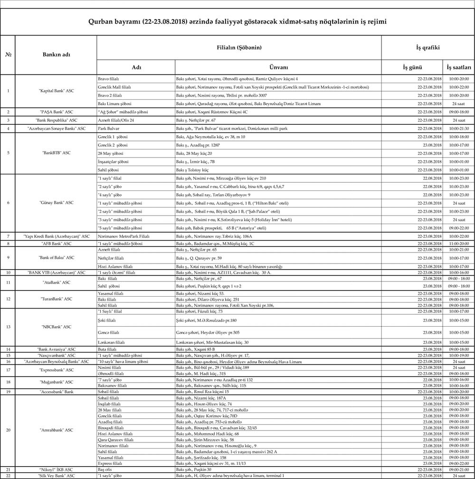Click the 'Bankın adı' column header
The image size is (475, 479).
[57, 55]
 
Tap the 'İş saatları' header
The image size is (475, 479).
[459, 67]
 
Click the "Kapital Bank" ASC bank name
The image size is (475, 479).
[57, 91]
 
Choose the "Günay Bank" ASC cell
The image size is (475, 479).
[57, 203]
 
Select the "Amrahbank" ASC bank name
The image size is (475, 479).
[57, 430]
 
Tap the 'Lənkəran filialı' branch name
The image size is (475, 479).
[111, 342]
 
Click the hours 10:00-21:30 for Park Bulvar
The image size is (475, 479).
[459, 128]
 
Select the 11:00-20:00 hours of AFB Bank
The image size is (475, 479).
[459, 243]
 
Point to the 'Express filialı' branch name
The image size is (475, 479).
[110, 463]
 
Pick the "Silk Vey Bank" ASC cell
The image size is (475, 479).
[57, 475]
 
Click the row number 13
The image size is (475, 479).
[8, 327]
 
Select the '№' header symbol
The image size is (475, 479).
[8, 55]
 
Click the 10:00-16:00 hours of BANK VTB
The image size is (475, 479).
[459, 272]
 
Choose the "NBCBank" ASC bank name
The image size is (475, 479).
[57, 327]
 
